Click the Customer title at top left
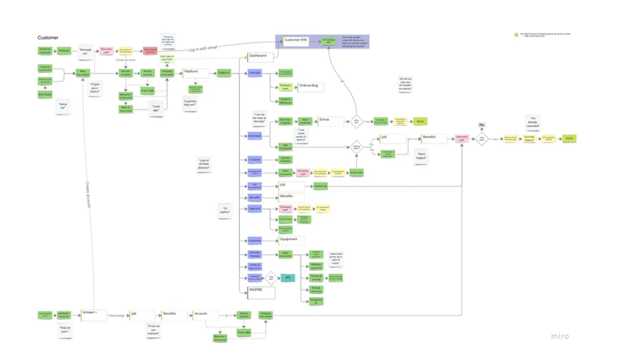[x=48, y=37]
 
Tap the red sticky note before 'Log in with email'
[x=149, y=52]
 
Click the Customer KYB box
[x=296, y=41]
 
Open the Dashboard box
[x=259, y=56]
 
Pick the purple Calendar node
[x=254, y=73]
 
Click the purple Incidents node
[x=254, y=159]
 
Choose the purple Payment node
[x=254, y=209]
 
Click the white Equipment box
[x=290, y=240]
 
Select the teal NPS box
[x=288, y=277]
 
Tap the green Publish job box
[x=321, y=187]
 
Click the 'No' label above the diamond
[x=482, y=125]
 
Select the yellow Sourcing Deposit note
[x=529, y=138]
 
